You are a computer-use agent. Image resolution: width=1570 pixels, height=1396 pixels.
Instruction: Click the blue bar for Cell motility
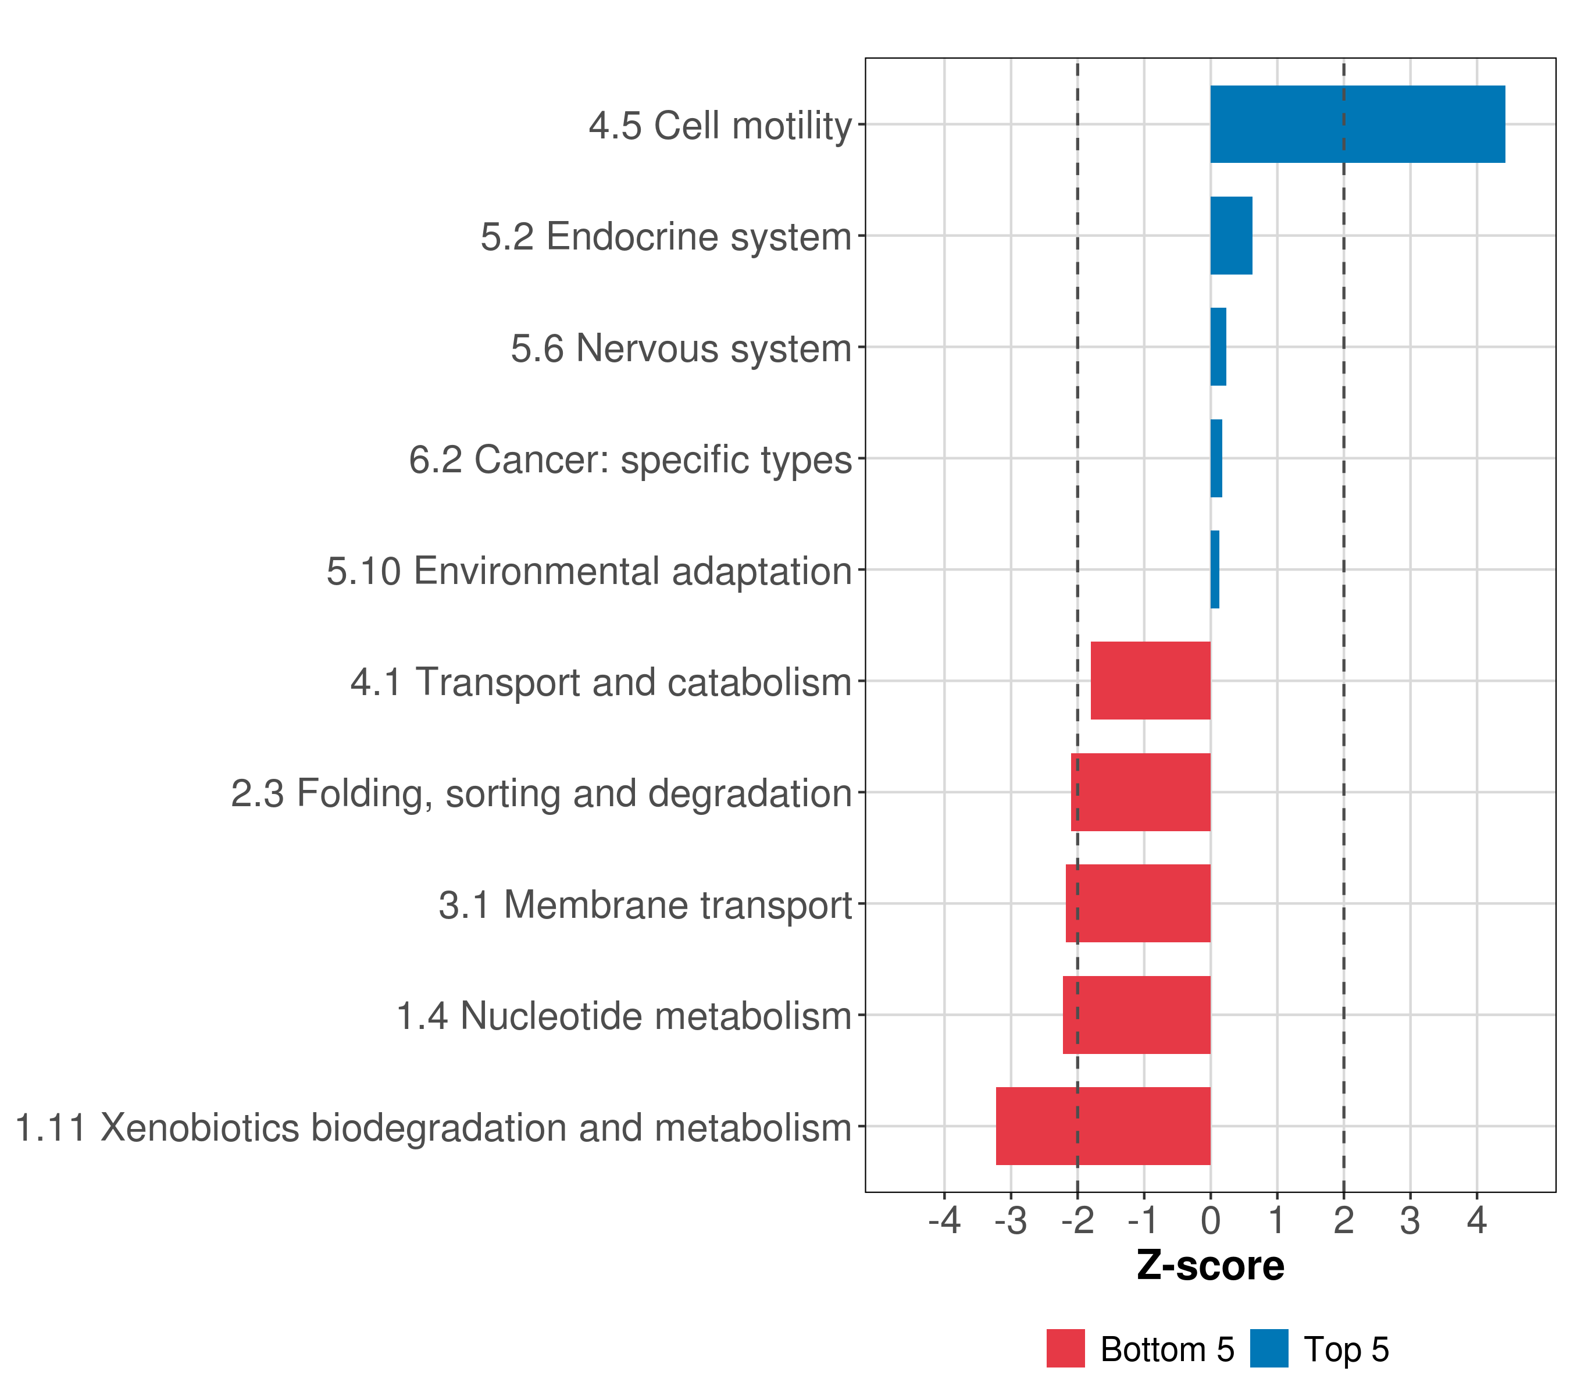[x=1357, y=124]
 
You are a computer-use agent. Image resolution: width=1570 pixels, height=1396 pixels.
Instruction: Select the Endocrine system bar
[x=1231, y=236]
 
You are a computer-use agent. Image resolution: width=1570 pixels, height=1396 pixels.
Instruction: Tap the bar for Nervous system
[x=1218, y=347]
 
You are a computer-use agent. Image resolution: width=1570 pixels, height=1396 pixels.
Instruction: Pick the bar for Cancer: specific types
[x=1216, y=459]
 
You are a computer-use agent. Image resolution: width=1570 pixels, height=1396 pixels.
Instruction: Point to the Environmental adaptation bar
[x=1214, y=570]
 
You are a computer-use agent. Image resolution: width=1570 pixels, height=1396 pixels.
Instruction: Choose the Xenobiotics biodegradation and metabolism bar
[x=1103, y=1126]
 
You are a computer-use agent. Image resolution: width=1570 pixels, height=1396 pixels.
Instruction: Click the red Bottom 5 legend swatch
[x=1065, y=1348]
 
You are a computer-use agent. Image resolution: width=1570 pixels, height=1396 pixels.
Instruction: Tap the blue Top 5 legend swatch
[x=1269, y=1348]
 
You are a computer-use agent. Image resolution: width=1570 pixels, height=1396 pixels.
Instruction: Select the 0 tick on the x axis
[x=1211, y=1221]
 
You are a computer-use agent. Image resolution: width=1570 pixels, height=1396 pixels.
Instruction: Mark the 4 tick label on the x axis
[x=1476, y=1221]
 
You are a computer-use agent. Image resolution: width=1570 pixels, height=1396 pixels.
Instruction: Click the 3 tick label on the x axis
[x=1410, y=1221]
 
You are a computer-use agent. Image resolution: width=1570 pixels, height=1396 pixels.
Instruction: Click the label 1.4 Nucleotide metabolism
[x=624, y=1016]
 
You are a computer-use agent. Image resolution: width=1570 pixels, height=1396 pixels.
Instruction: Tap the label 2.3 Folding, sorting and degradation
[x=541, y=793]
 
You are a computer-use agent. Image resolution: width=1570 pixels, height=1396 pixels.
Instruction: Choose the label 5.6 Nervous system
[x=681, y=348]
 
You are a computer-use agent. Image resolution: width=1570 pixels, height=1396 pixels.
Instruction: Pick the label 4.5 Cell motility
[x=720, y=125]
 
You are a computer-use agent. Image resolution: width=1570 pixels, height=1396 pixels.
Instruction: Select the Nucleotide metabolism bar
[x=1137, y=1015]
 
